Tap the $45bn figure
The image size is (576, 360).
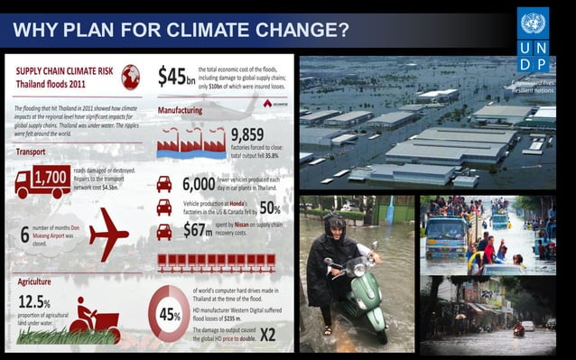coord(176,76)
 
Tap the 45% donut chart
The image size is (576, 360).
coord(169,313)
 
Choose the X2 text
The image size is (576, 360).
coord(267,335)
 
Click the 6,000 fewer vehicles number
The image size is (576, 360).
coord(199,183)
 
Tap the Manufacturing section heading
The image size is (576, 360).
coord(180,110)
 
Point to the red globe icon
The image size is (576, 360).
coord(131,76)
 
